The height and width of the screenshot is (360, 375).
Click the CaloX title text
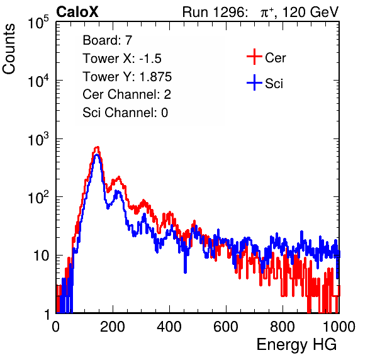click(x=77, y=12)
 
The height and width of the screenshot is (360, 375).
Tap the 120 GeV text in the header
click(x=311, y=12)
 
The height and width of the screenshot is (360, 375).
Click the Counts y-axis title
click(x=9, y=49)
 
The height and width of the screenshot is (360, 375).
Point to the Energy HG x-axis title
click(x=296, y=345)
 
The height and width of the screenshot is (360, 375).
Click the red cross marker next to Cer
click(x=254, y=57)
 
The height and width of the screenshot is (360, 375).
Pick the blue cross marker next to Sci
click(x=254, y=82)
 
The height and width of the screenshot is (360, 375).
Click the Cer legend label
click(x=276, y=58)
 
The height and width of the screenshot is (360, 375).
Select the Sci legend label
click(x=274, y=84)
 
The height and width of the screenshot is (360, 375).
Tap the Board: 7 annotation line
click(x=108, y=40)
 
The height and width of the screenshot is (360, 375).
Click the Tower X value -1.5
click(x=150, y=59)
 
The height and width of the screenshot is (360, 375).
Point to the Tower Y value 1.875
click(x=155, y=77)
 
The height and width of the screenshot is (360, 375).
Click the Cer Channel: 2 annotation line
click(x=126, y=94)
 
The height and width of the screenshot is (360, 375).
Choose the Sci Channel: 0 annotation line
click(x=125, y=113)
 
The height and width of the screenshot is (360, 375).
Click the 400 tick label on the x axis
click(x=169, y=327)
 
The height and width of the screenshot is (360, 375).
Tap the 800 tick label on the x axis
click(x=283, y=327)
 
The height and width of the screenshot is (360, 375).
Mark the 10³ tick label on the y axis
click(x=38, y=138)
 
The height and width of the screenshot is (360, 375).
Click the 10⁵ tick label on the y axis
click(x=38, y=22)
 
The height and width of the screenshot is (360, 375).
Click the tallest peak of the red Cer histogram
click(x=97, y=148)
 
